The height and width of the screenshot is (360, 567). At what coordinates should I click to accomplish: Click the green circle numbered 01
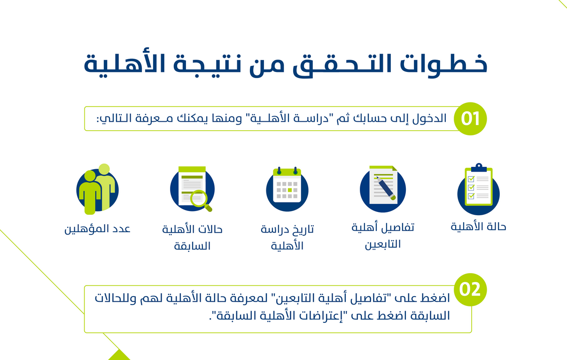click(x=470, y=118)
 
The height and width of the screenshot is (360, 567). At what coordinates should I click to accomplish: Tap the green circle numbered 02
click(x=470, y=290)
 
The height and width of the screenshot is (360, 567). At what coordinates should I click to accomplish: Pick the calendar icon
click(x=287, y=189)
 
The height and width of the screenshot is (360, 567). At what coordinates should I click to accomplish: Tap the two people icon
click(x=97, y=189)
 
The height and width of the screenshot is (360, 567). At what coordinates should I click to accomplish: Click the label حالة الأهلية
click(x=478, y=227)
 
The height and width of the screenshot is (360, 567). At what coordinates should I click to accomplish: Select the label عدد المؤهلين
click(x=97, y=229)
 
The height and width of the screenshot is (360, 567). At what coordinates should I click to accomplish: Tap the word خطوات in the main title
click(x=443, y=64)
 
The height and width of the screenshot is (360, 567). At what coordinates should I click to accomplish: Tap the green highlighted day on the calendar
click(x=290, y=190)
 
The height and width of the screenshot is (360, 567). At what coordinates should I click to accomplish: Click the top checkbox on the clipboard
click(x=471, y=179)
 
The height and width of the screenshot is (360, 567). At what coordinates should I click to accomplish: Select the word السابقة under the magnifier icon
click(x=193, y=246)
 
